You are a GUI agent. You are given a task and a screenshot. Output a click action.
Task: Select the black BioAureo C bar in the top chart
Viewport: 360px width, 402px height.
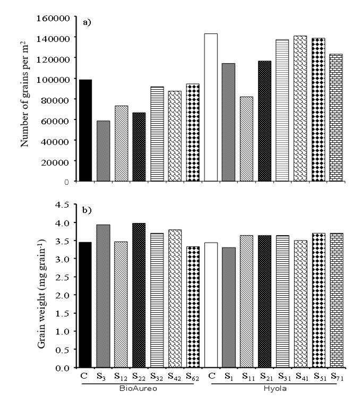[x=85, y=131]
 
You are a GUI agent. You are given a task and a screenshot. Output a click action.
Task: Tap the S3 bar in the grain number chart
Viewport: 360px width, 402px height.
[x=103, y=151]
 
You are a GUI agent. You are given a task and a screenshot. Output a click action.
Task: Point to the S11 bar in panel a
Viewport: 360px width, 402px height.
[x=247, y=139]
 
